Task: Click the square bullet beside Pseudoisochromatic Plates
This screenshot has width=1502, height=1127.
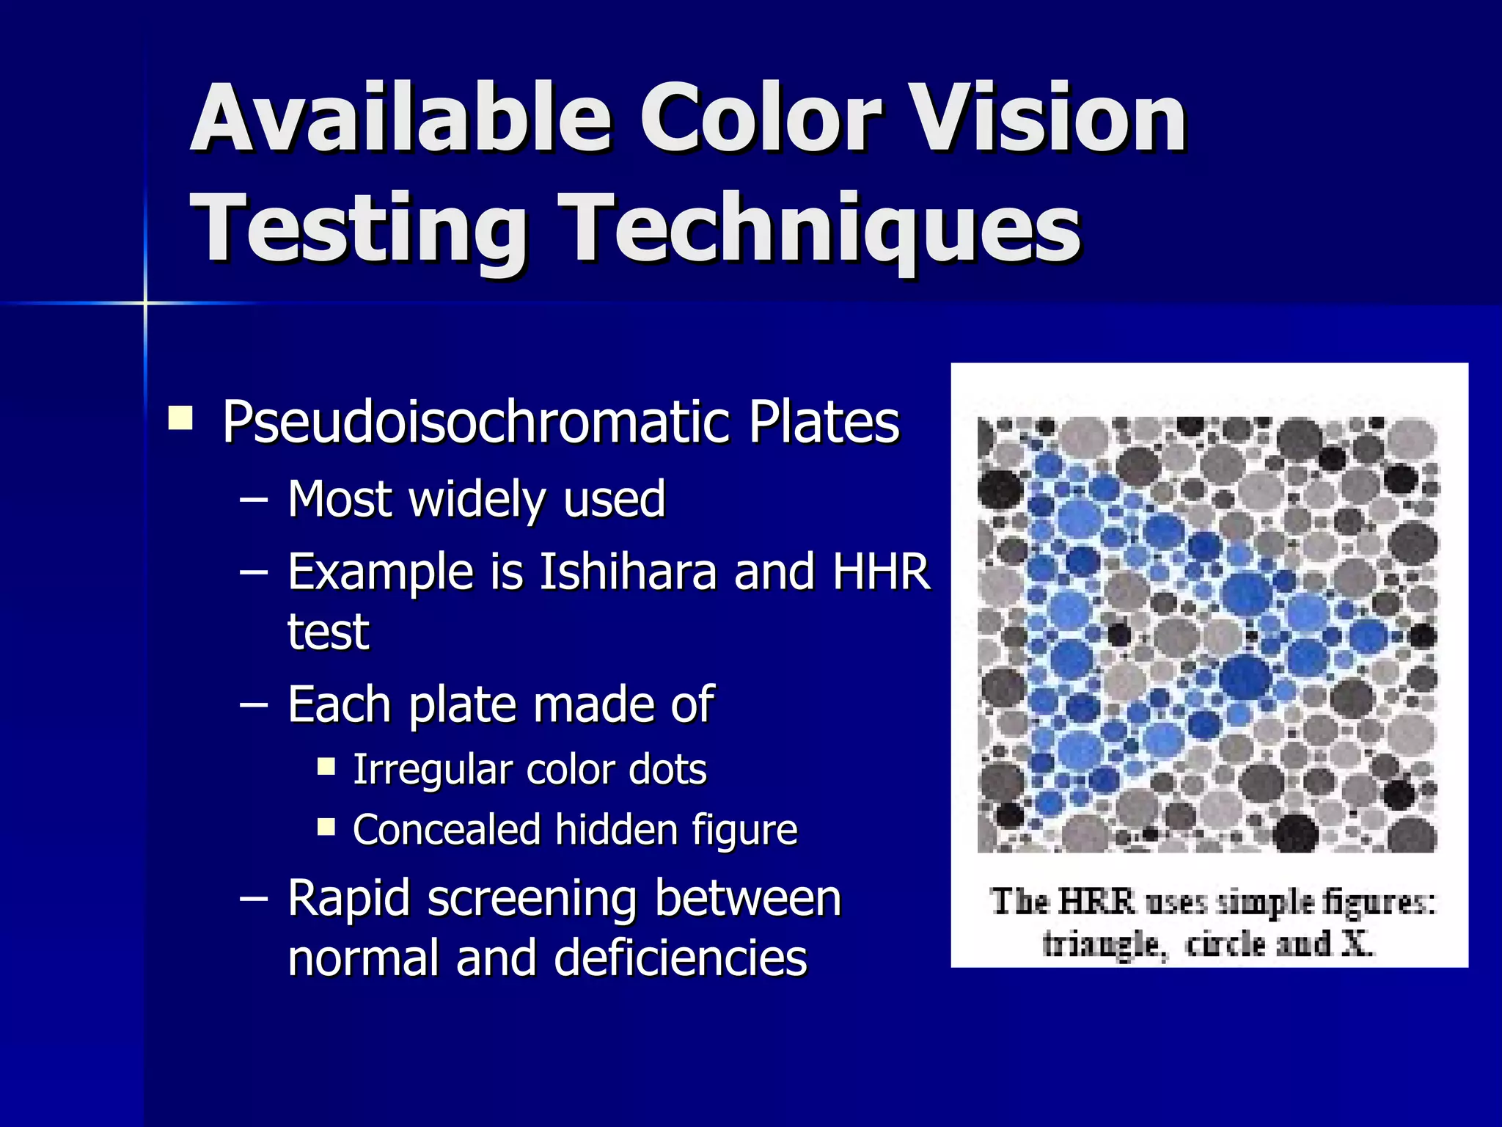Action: pos(180,418)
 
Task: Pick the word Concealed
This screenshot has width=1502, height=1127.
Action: pos(446,830)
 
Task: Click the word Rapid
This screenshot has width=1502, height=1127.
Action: pos(348,900)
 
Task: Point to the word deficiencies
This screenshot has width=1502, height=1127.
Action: pos(681,958)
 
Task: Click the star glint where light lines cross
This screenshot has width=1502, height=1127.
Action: pos(145,302)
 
